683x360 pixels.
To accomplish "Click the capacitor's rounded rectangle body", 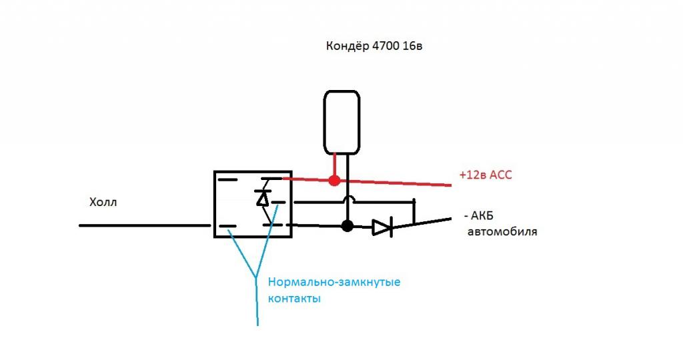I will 342,122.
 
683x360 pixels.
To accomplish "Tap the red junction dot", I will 334,180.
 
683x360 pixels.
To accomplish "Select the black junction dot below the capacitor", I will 347,226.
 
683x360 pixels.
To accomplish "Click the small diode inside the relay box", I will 263,198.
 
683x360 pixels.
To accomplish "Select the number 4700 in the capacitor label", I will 386,47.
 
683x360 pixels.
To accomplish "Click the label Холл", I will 103,202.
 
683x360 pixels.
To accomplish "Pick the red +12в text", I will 473,175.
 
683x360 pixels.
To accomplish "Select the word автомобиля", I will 502,233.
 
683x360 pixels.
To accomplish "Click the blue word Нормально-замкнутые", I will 333,283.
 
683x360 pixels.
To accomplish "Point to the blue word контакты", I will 294,299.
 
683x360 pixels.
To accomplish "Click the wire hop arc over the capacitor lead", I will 347,199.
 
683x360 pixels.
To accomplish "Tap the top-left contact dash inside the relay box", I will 227,180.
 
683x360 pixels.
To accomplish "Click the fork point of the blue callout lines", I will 257,277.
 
